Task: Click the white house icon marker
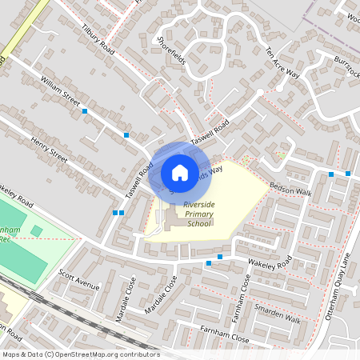pos(180,172)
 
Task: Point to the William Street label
pos(60,93)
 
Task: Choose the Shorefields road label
pos(171,50)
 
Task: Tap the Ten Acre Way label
pos(281,62)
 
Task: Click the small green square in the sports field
pos(36,231)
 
